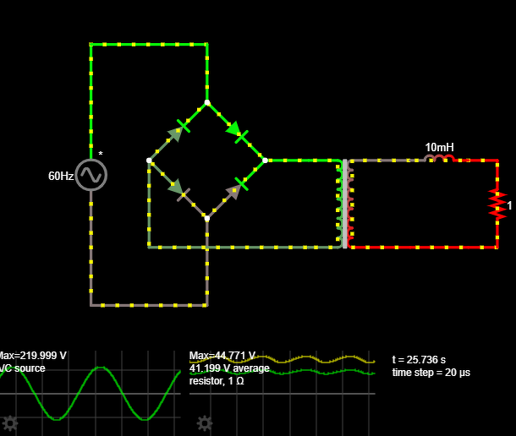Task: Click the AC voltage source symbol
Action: [91, 175]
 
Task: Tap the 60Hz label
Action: [60, 176]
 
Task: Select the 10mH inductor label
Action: [439, 147]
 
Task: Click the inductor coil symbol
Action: [439, 158]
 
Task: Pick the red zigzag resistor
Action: [497, 204]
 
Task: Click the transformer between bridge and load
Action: [344, 204]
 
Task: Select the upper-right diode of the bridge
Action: [236, 132]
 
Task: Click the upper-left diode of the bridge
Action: [177, 132]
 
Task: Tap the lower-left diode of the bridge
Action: [178, 188]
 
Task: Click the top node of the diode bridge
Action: [206, 102]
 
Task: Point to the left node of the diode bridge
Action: [149, 160]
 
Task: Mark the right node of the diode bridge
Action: [265, 160]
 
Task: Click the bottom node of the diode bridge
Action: [206, 218]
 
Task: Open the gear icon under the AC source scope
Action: [10, 422]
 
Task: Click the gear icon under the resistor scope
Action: [204, 422]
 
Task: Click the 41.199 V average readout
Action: [229, 368]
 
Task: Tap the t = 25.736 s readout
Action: [427, 359]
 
